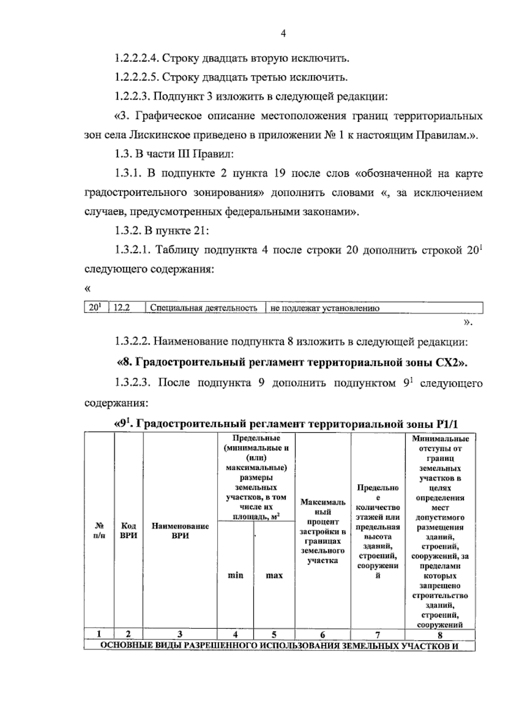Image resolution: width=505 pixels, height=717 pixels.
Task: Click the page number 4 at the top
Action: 283,34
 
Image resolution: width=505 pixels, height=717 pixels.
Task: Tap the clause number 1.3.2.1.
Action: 133,250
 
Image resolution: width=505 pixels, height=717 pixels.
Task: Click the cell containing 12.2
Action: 121,308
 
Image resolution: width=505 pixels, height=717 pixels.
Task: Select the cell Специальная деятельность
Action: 204,308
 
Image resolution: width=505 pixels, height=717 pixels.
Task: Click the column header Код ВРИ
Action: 128,531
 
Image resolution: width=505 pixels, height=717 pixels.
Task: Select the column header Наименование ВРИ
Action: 180,531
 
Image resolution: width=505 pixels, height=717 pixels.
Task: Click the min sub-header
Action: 235,575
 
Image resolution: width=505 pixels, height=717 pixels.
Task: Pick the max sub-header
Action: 274,575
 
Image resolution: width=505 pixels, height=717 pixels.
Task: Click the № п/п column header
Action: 99,531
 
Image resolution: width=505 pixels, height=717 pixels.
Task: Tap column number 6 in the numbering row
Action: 322,634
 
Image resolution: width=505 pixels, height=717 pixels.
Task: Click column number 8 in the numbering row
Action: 440,634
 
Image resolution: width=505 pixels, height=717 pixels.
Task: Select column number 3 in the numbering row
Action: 180,634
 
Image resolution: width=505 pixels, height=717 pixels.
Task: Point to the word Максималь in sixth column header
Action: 323,502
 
